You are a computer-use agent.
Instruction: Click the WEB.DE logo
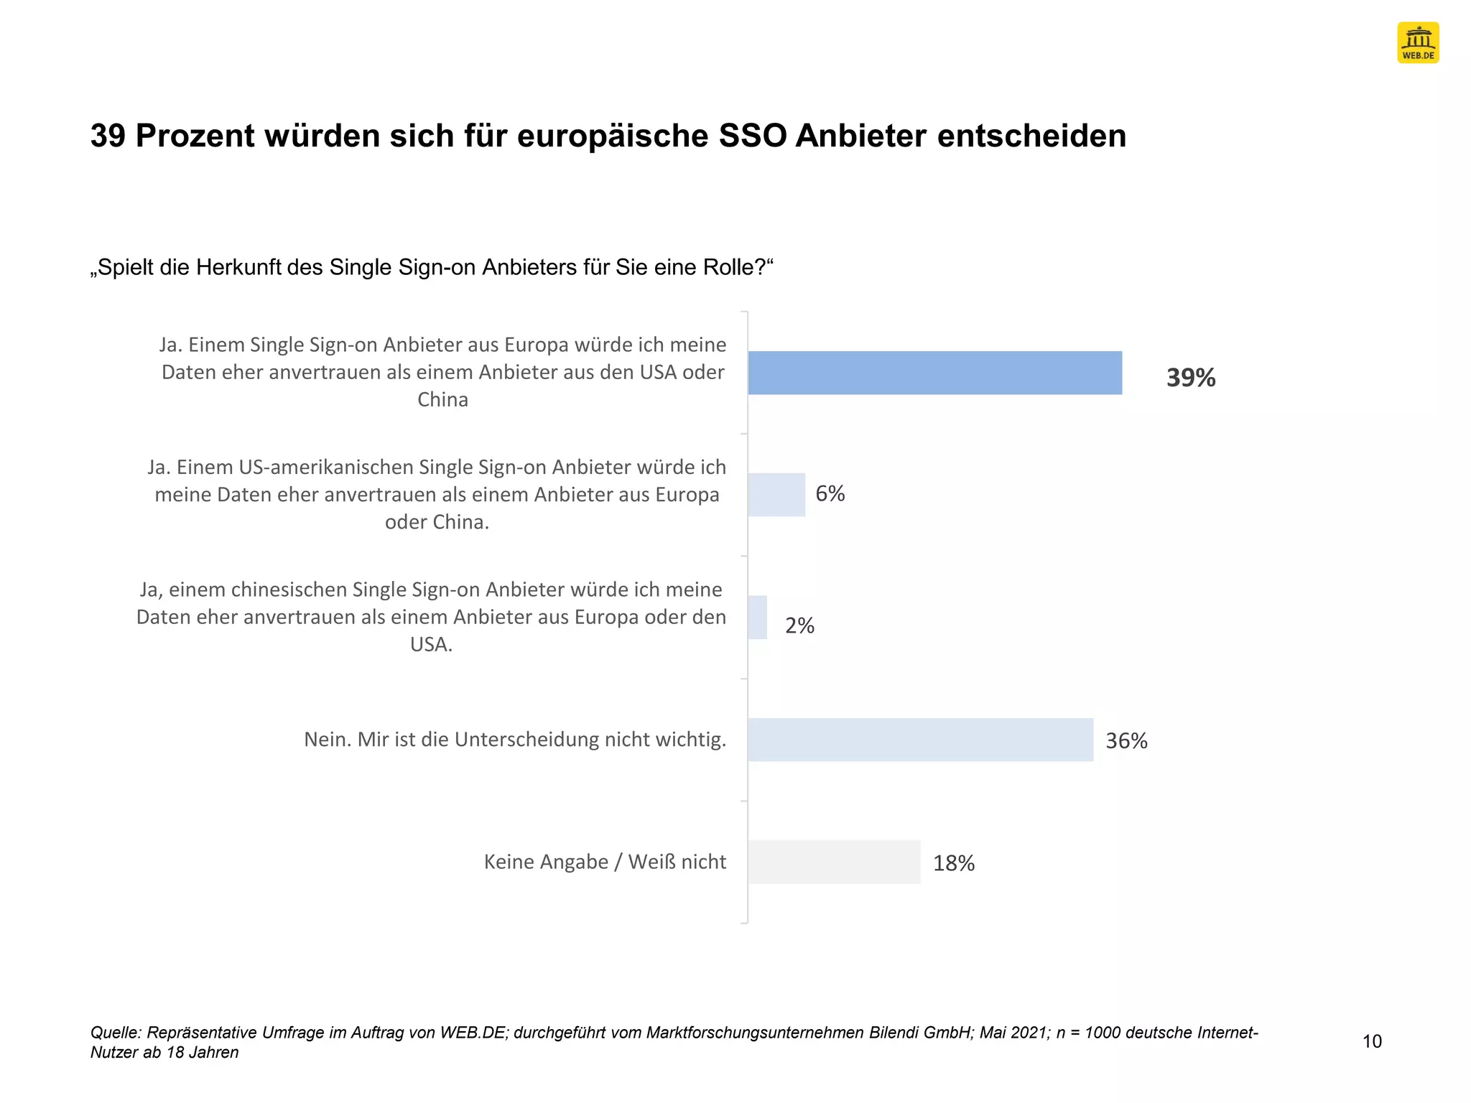pyautogui.click(x=1418, y=43)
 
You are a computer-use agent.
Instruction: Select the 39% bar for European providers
pyautogui.click(x=934, y=373)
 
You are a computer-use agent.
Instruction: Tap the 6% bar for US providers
pyautogui.click(x=776, y=495)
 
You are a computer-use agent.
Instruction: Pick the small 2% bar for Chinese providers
pyautogui.click(x=758, y=618)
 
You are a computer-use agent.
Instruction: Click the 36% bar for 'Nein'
pyautogui.click(x=920, y=740)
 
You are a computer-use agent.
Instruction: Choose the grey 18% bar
pyautogui.click(x=834, y=862)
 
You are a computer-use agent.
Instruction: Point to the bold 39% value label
pyautogui.click(x=1190, y=378)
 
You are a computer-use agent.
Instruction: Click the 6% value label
pyautogui.click(x=830, y=494)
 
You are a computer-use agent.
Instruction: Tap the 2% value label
pyautogui.click(x=799, y=626)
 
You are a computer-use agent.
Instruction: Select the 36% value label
pyautogui.click(x=1126, y=741)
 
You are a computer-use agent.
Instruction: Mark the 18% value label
pyautogui.click(x=954, y=863)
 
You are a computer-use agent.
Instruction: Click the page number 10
pyautogui.click(x=1372, y=1041)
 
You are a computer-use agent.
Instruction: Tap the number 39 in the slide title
pyautogui.click(x=108, y=136)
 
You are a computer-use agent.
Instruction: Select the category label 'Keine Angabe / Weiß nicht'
pyautogui.click(x=605, y=862)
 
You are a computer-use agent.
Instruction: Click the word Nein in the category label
pyautogui.click(x=327, y=740)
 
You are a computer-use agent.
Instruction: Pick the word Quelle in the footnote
pyautogui.click(x=116, y=1033)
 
